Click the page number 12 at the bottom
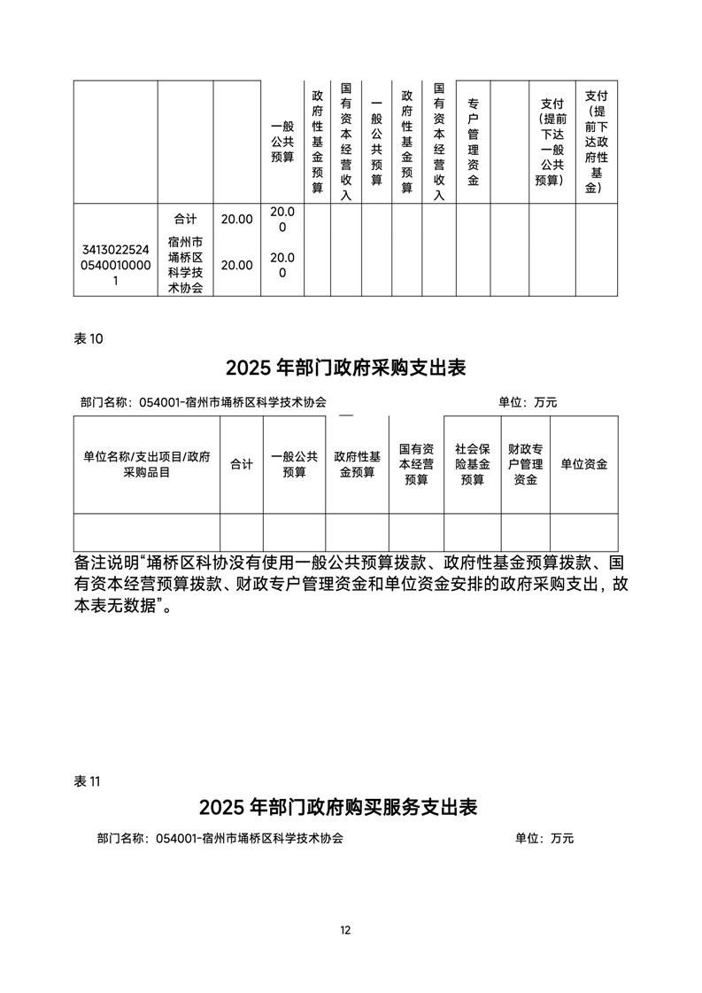[345, 930]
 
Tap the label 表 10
[91, 338]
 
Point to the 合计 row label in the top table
[186, 219]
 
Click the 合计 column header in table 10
[242, 464]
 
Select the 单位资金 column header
[584, 464]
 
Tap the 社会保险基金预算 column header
[472, 464]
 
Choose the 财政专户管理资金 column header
[525, 464]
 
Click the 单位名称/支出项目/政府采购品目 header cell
[147, 464]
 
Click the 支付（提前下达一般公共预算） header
[552, 143]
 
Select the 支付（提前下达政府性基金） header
[597, 143]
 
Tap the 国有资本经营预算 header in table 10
[416, 464]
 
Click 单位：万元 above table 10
[528, 402]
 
